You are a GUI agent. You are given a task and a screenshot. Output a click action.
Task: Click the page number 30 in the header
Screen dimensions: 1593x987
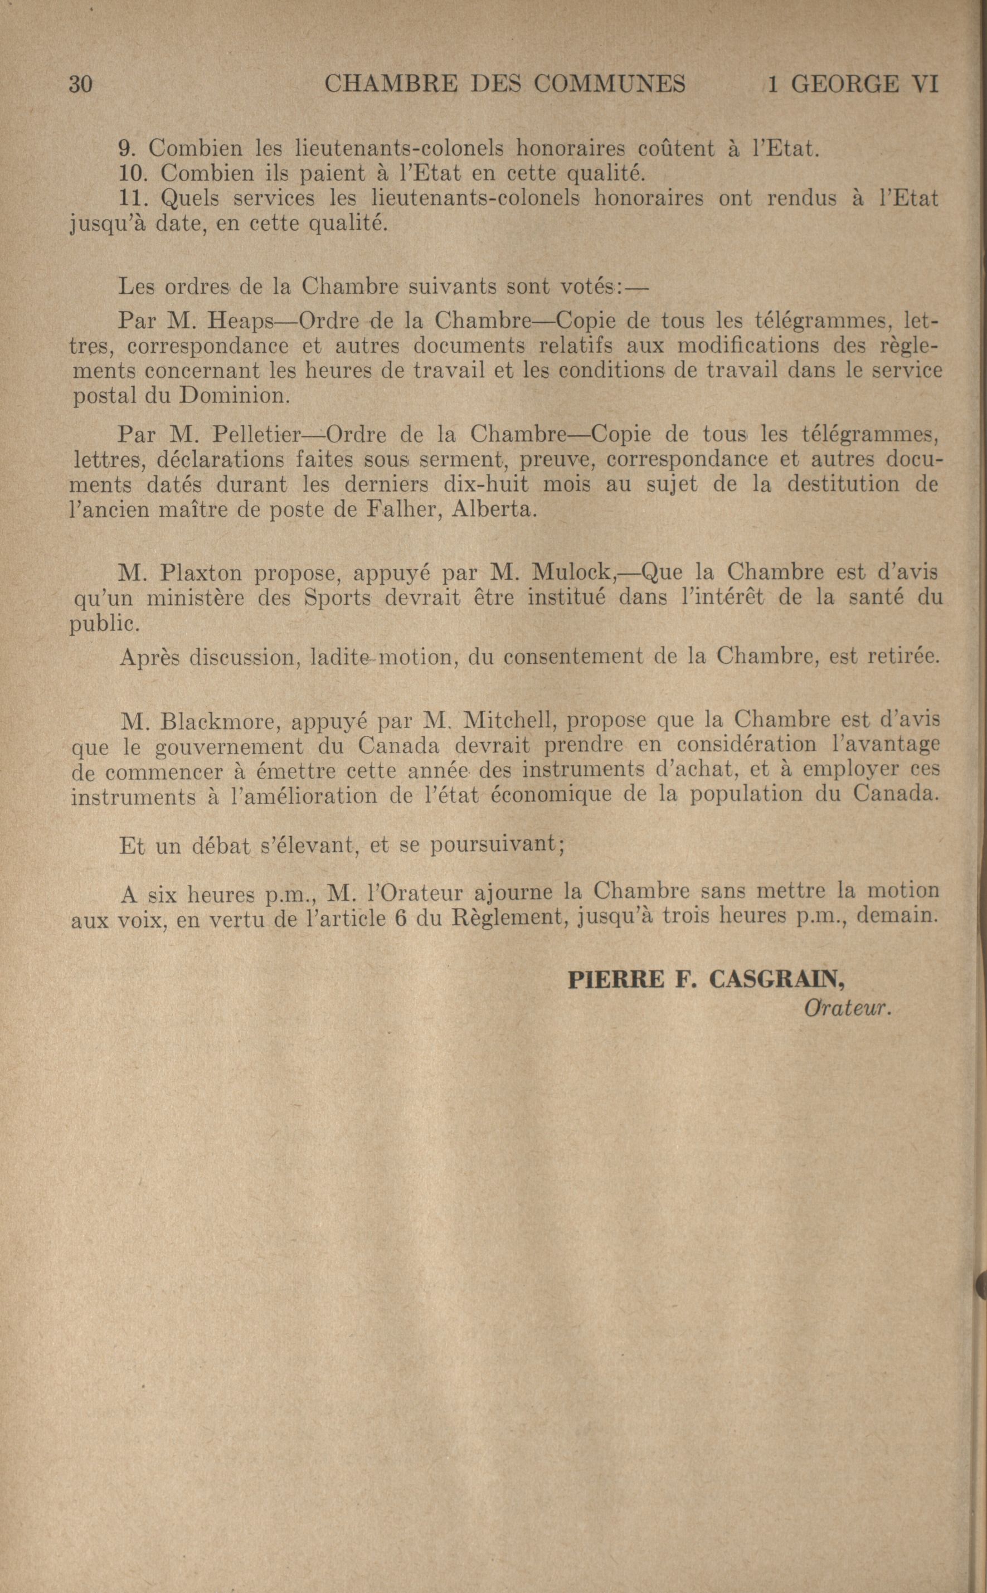point(80,85)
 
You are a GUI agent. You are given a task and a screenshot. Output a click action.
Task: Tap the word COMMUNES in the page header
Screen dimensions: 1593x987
point(610,84)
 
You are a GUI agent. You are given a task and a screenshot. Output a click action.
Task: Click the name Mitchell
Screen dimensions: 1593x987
point(510,721)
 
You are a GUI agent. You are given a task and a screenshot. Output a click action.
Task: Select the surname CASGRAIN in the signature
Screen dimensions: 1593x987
point(776,979)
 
